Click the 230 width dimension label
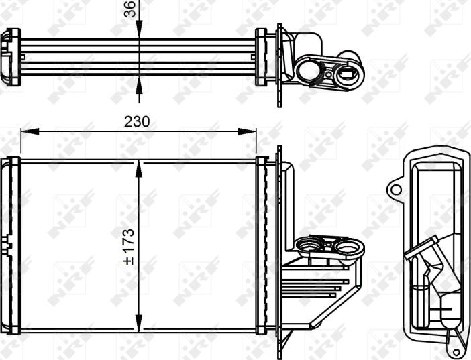point(137,122)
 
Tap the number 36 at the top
point(131,9)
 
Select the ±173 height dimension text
point(129,247)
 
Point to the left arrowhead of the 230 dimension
point(30,131)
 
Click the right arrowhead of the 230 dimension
point(247,131)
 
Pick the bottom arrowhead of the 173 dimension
point(138,323)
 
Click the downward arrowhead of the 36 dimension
point(139,29)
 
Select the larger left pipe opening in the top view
point(308,72)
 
